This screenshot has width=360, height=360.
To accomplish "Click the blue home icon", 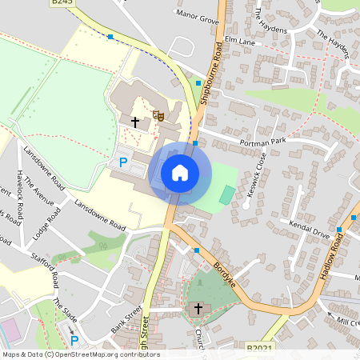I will coord(180,172).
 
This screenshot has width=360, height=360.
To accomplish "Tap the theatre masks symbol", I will coord(158,116).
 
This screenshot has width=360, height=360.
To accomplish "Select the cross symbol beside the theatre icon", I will coord(135,122).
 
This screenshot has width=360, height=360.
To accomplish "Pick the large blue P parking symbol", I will coord(123,162).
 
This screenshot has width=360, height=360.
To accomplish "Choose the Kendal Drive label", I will coord(309,231).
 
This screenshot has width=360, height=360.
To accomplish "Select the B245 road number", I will coord(62,2).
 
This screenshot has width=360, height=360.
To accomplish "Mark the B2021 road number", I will coord(261,349).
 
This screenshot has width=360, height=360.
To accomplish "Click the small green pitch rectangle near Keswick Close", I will coord(227,194).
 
